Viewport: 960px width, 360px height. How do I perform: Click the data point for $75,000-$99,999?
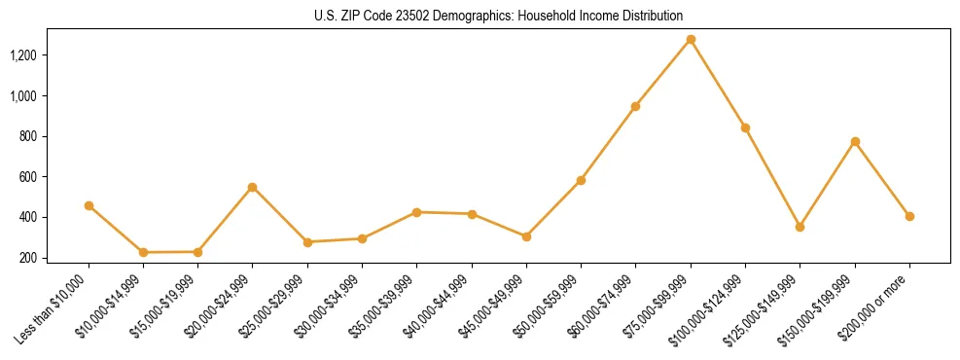coord(691,40)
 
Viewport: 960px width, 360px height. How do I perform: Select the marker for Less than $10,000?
coord(89,205)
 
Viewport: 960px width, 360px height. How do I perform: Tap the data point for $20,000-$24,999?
coord(253,187)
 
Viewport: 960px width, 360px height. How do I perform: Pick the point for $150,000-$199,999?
coord(855,142)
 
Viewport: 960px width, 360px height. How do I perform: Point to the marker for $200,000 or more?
coord(909,216)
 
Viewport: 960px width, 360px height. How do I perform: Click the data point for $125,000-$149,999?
coord(800,227)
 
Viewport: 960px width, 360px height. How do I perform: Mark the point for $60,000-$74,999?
coord(636,106)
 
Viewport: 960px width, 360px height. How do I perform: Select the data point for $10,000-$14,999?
coord(143,252)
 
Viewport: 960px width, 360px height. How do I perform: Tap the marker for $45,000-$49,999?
coord(526,236)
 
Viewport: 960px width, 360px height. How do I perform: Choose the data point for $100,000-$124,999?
coord(745,127)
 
